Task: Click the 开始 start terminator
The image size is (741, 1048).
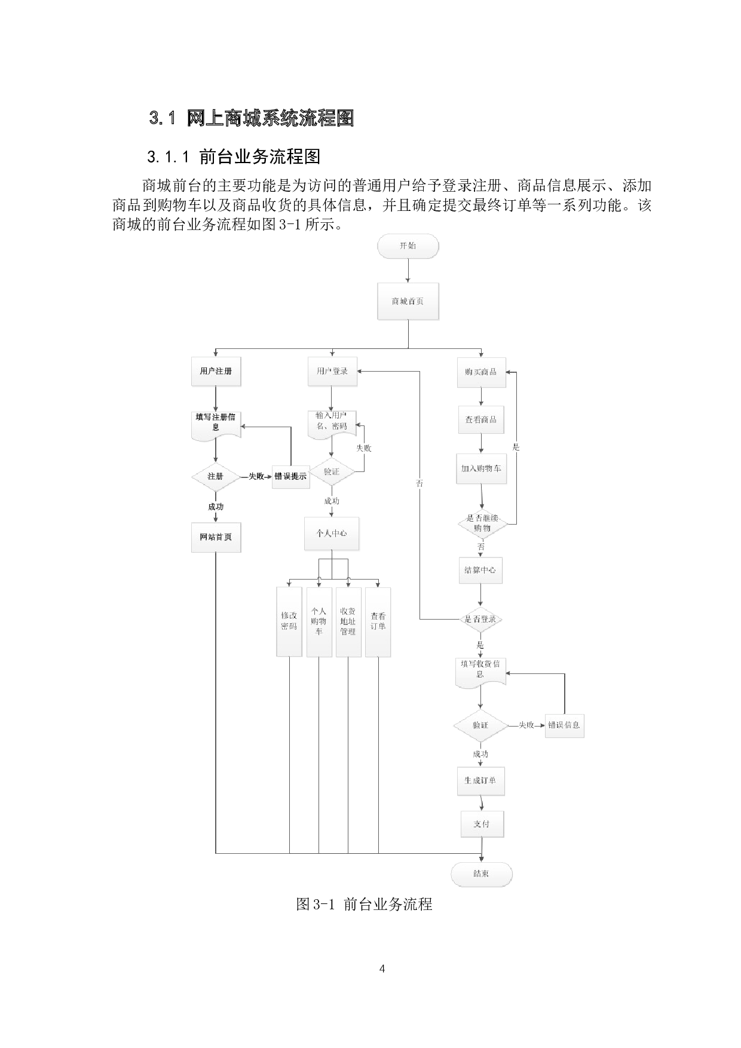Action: click(x=408, y=246)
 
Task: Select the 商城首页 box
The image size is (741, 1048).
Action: click(x=408, y=301)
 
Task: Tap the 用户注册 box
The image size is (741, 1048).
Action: click(x=216, y=372)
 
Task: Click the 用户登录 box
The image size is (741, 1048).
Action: click(x=332, y=372)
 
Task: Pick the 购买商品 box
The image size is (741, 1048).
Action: click(x=481, y=372)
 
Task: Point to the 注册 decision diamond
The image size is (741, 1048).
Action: click(x=215, y=477)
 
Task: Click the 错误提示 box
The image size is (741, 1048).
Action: click(x=290, y=477)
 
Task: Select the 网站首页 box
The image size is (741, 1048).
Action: click(x=216, y=537)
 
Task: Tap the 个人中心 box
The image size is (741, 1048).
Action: click(x=332, y=533)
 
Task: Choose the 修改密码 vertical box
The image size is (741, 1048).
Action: click(x=289, y=621)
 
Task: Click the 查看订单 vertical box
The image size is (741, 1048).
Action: click(x=378, y=621)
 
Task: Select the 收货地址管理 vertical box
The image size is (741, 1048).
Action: click(x=348, y=621)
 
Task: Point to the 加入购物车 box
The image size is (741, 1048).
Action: click(x=481, y=469)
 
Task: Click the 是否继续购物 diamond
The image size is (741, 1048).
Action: click(x=482, y=523)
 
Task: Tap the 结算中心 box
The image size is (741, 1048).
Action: click(x=480, y=570)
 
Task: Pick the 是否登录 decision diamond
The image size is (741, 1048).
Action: click(x=480, y=620)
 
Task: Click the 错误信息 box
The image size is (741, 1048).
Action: click(x=564, y=725)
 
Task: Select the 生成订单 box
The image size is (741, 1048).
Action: click(x=481, y=780)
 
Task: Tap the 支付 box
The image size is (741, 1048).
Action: click(x=482, y=824)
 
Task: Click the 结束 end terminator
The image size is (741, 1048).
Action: click(x=482, y=874)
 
